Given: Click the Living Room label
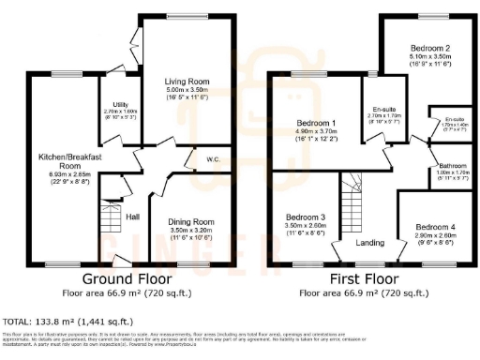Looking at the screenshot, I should click(180, 82).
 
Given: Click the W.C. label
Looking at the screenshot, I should click(214, 159).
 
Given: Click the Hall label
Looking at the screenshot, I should click(133, 218).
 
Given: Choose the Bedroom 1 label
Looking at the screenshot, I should click(316, 123).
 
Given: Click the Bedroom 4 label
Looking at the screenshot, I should click(435, 227).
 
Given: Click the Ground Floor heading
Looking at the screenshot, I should click(127, 278).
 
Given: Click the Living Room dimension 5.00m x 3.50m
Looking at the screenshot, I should click(180, 91).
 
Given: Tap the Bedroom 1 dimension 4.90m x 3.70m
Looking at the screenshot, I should click(316, 132).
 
